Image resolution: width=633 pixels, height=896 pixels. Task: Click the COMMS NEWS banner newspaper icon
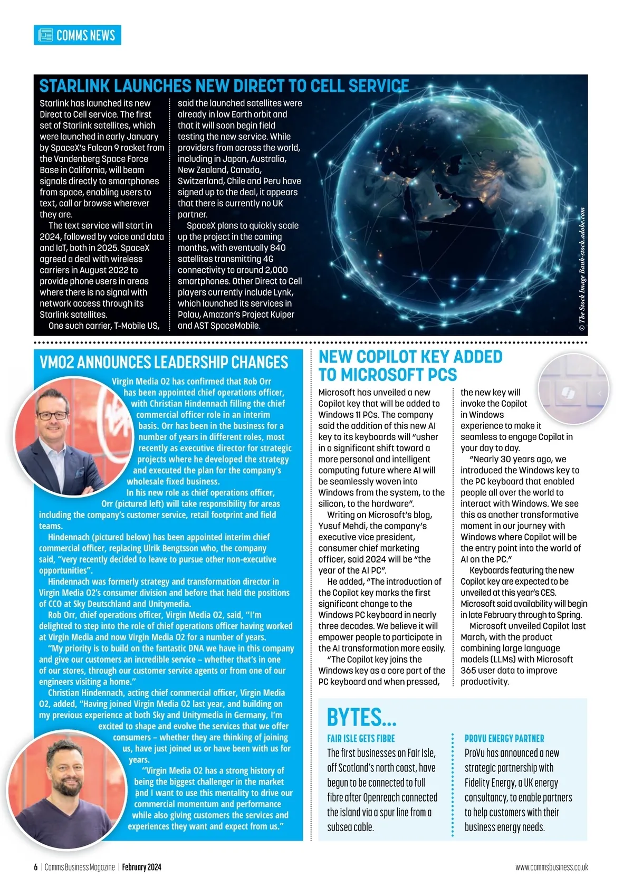click(x=46, y=35)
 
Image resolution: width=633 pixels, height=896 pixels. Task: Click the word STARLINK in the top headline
click(x=74, y=87)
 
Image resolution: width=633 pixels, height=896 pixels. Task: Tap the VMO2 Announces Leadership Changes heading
click(x=164, y=363)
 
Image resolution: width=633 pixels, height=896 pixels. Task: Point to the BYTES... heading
click(x=361, y=718)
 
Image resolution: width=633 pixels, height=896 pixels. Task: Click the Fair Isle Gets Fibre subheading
click(x=361, y=739)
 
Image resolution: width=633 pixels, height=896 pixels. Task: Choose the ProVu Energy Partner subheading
click(x=504, y=739)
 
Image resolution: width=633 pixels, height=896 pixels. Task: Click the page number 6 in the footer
click(x=36, y=867)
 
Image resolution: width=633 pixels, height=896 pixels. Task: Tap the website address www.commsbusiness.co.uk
click(x=551, y=867)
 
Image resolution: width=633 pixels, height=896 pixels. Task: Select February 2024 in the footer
click(x=141, y=867)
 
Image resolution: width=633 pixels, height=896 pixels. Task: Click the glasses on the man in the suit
click(x=53, y=415)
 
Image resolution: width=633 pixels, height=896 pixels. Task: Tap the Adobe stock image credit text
click(x=582, y=269)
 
